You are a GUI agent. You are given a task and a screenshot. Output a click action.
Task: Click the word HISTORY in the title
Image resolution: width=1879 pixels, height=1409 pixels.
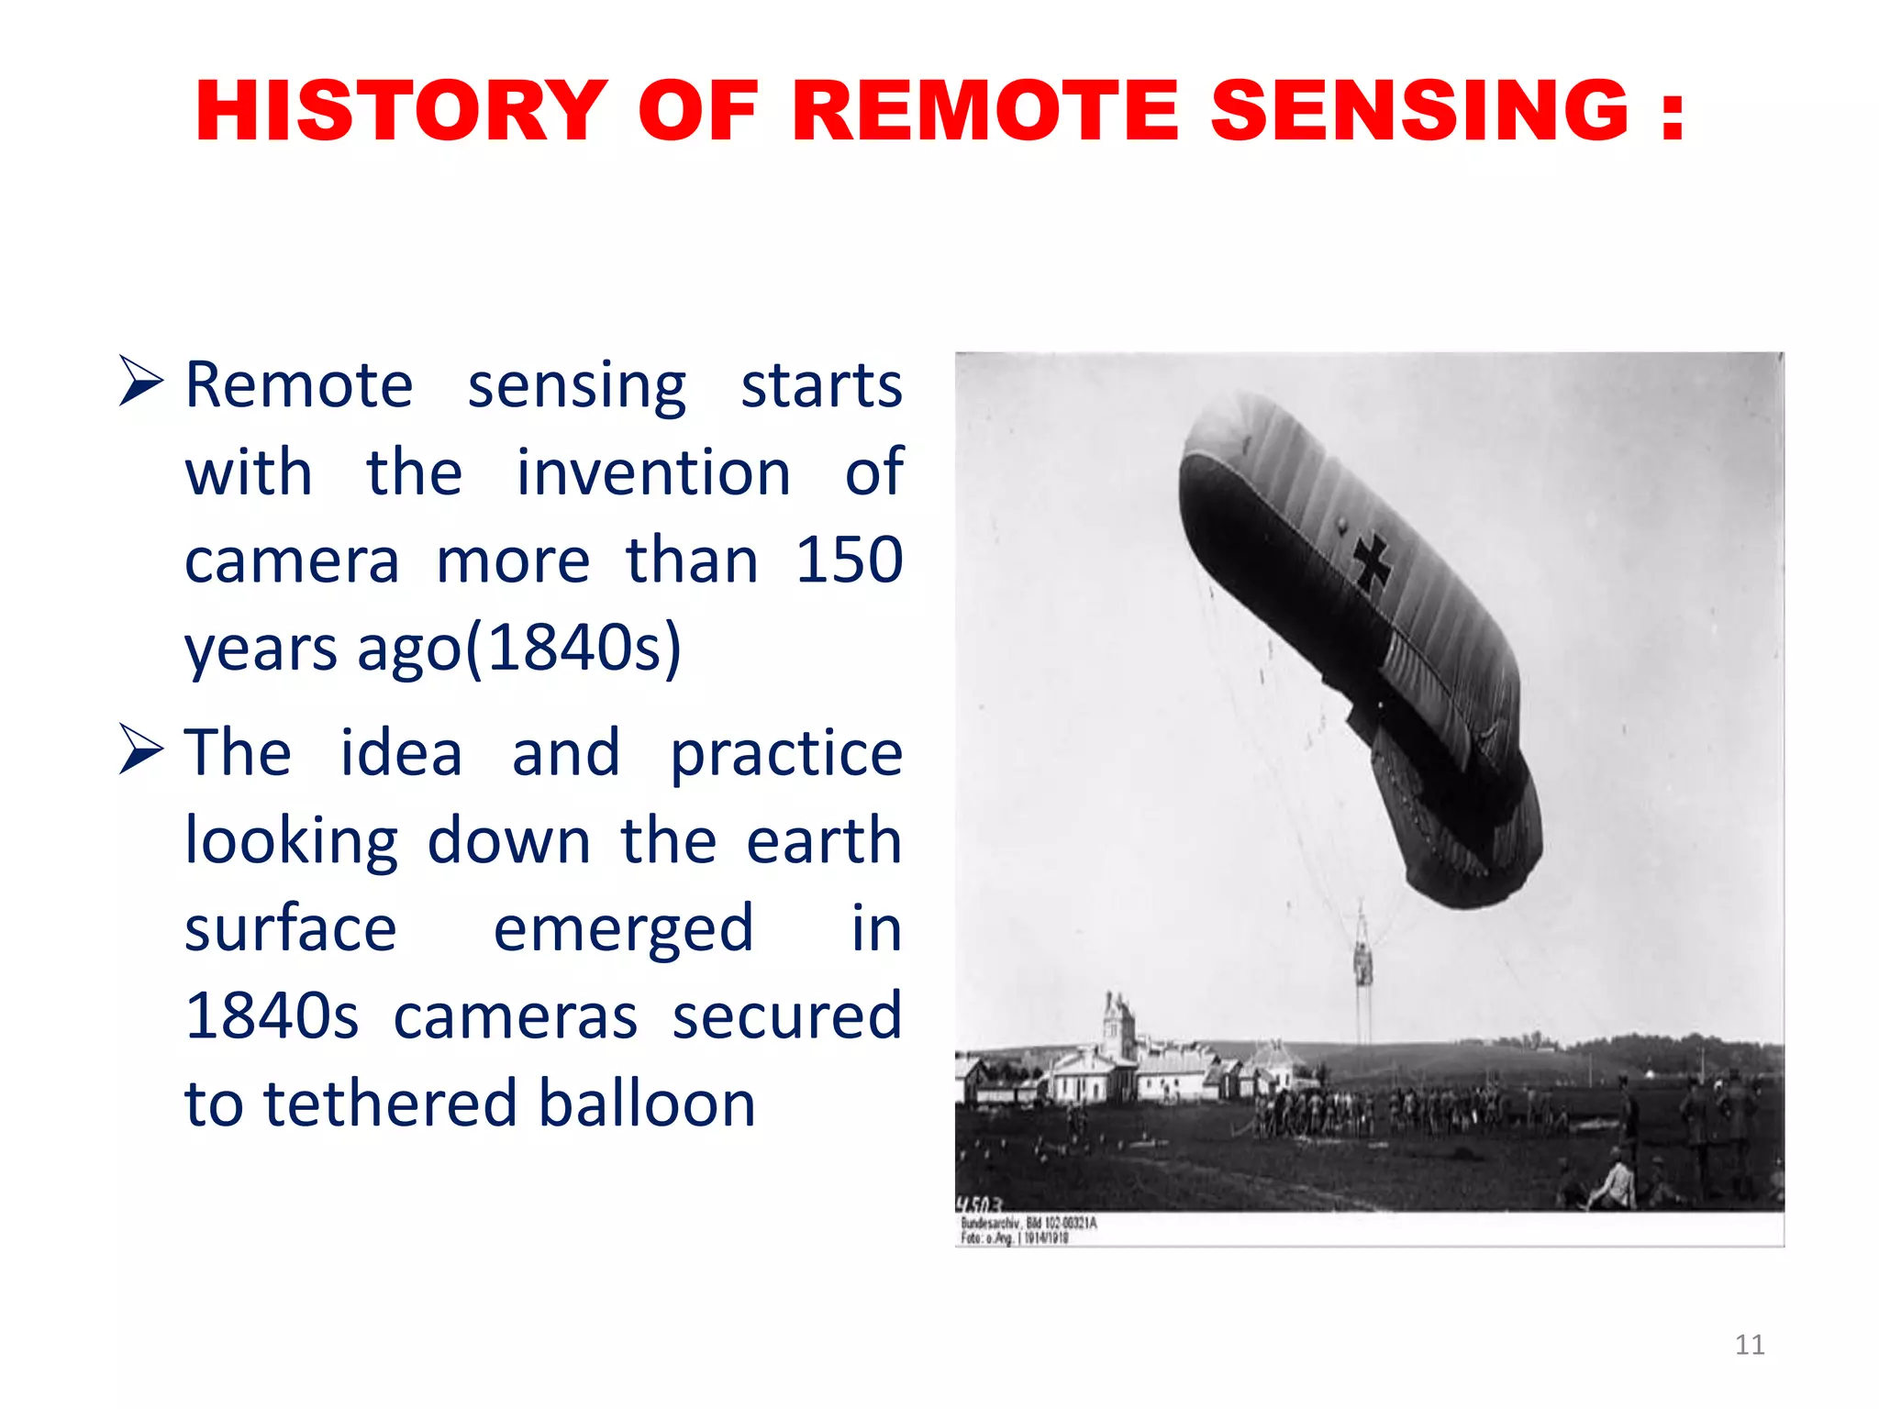(x=401, y=111)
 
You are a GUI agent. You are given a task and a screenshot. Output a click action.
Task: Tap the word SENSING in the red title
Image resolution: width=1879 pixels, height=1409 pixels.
(x=1419, y=111)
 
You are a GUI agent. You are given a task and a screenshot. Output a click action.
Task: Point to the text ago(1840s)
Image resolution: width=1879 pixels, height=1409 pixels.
(x=518, y=648)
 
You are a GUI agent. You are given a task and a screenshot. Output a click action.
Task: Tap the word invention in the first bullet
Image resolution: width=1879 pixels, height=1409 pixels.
(x=652, y=472)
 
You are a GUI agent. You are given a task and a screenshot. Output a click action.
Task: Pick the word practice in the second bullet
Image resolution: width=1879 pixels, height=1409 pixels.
(x=786, y=752)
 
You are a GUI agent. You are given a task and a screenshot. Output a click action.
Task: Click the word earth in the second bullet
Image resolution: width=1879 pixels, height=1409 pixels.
(x=823, y=840)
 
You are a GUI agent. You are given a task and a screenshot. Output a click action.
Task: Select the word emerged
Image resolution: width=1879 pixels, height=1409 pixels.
(x=623, y=928)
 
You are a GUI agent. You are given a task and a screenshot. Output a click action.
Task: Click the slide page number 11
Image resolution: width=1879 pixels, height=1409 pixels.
(x=1749, y=1345)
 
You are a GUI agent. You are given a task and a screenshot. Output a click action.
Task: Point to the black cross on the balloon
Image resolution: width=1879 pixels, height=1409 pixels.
(x=1373, y=560)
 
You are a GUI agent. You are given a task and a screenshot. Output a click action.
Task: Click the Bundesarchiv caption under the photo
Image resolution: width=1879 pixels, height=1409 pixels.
(x=1028, y=1230)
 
